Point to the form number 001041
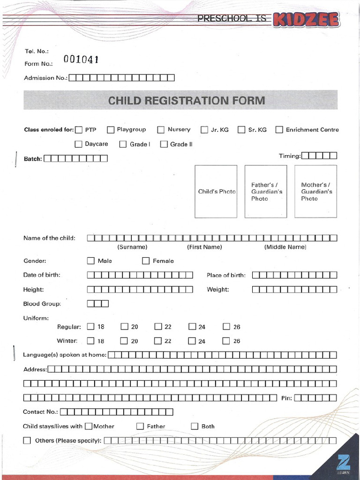[x=81, y=60]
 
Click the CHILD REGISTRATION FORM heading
[x=187, y=100]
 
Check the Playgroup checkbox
[x=111, y=130]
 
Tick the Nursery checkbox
[x=161, y=130]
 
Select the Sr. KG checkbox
[x=241, y=130]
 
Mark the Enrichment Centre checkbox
[x=279, y=130]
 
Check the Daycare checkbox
[x=78, y=144]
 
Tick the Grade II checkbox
[x=164, y=144]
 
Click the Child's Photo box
[x=216, y=191]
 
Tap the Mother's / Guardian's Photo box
[x=315, y=191]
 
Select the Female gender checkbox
[x=146, y=261]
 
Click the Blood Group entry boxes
[x=97, y=304]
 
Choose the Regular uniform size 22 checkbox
[x=158, y=327]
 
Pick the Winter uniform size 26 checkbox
[x=226, y=341]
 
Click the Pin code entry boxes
[x=315, y=398]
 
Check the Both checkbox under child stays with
[x=195, y=426]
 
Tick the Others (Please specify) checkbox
[x=27, y=441]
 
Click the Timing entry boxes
[x=319, y=156]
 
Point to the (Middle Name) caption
[x=285, y=247]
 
